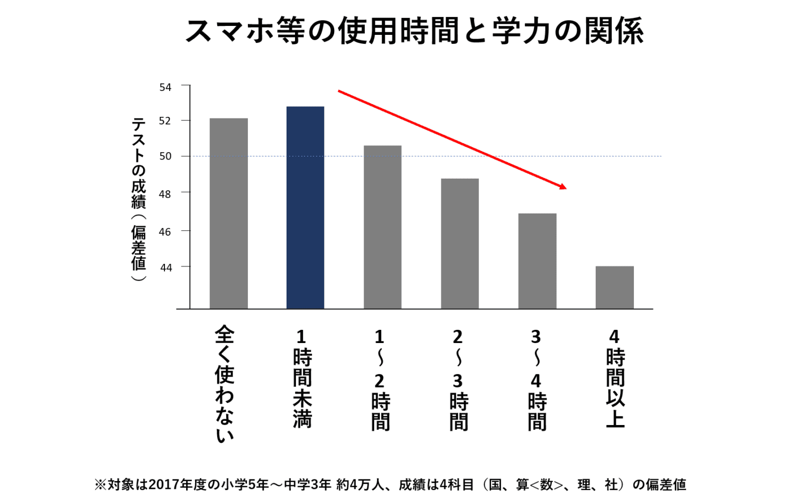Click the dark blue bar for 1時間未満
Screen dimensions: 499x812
coord(305,208)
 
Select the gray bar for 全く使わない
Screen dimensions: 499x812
coord(228,214)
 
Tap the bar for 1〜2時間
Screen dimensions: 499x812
coord(382,227)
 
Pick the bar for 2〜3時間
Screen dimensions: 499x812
coord(459,244)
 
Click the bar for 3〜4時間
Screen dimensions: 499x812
coord(537,261)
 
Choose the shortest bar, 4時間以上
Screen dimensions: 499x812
coord(614,287)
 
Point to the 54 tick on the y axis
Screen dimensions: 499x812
coord(165,87)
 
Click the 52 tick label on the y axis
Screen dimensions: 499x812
coord(165,121)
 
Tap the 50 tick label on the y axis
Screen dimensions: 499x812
coord(165,156)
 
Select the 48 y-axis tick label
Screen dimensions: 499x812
coord(165,195)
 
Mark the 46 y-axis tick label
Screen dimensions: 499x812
coord(165,232)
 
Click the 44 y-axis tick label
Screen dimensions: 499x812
coord(166,268)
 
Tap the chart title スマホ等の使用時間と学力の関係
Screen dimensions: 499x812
coord(414,30)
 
